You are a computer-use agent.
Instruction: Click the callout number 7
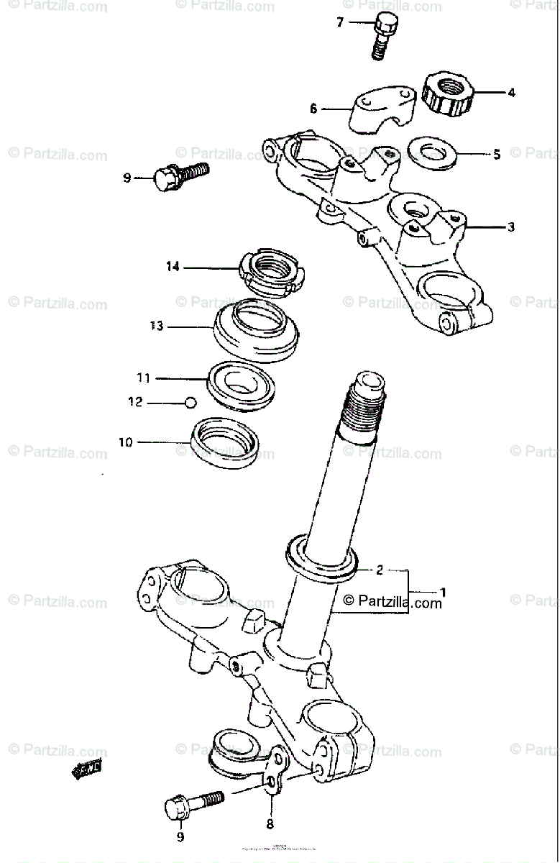[341, 22]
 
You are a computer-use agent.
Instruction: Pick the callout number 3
[511, 227]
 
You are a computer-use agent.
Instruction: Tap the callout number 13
[157, 327]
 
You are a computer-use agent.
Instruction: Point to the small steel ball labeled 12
[190, 402]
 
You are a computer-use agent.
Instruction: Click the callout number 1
[444, 593]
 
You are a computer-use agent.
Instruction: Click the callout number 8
[270, 824]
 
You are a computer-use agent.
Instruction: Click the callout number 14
[172, 267]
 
